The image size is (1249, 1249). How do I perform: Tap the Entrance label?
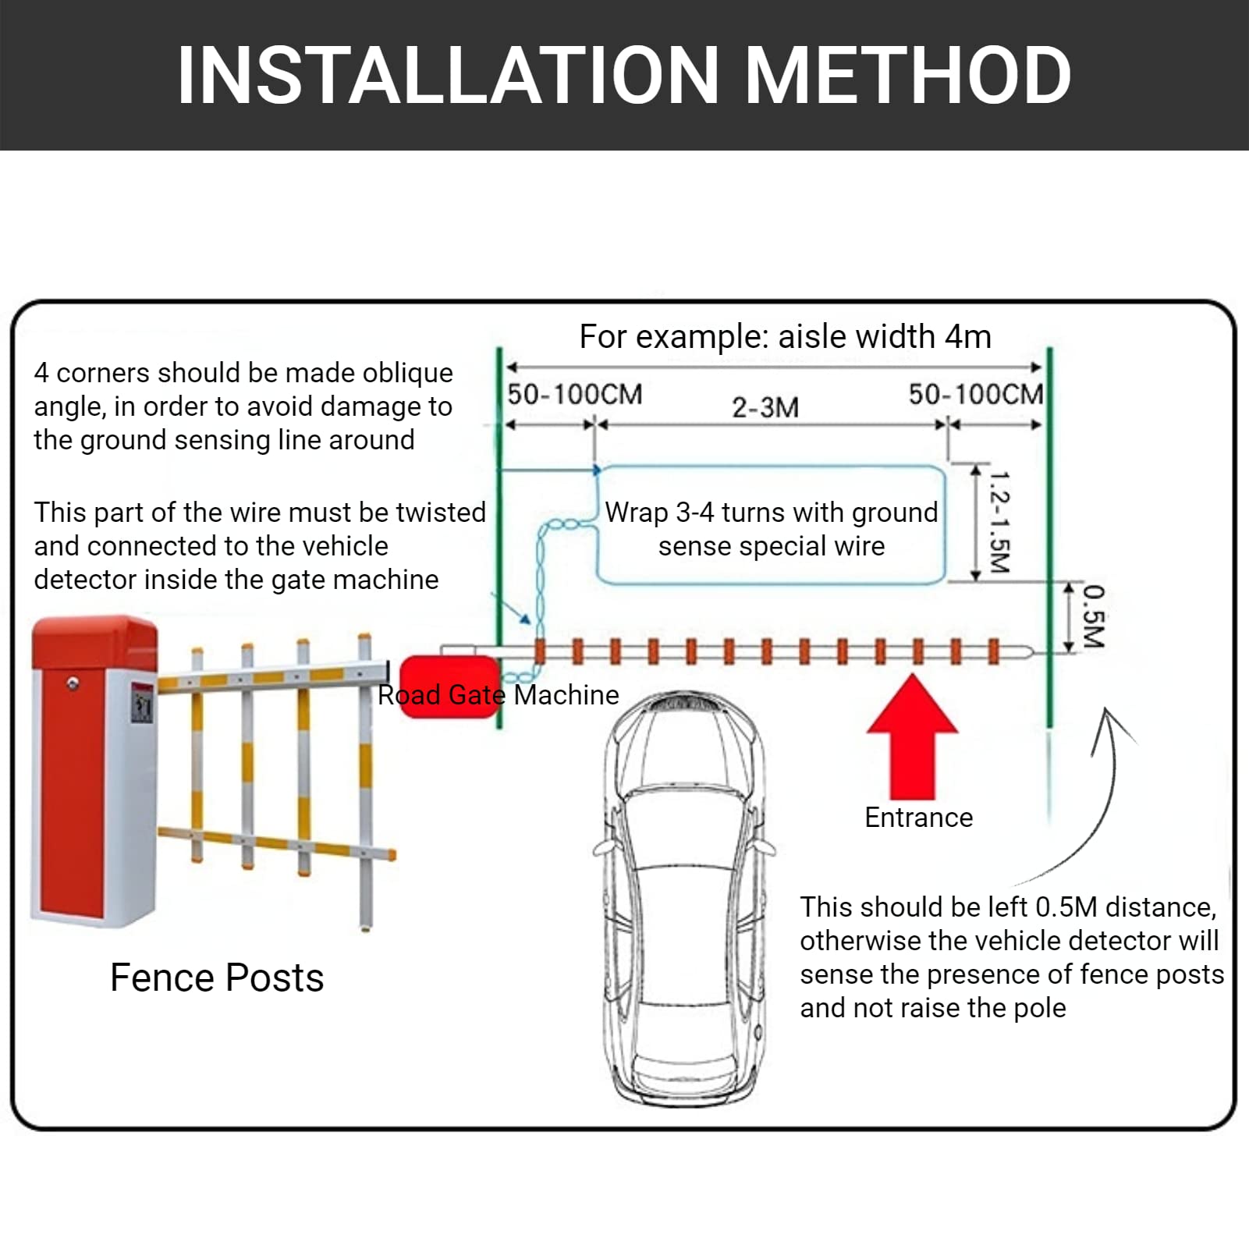click(918, 818)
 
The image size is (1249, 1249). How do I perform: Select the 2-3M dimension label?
click(765, 407)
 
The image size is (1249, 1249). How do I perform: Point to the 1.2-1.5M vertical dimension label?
click(999, 521)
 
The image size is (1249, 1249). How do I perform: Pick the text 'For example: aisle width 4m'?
click(785, 337)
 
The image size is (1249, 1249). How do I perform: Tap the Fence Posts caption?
click(217, 978)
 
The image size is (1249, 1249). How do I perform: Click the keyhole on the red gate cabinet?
click(73, 684)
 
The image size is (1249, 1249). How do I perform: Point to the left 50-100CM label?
click(574, 395)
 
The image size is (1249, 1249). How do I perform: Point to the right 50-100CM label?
click(975, 395)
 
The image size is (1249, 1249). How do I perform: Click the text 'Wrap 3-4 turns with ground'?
click(771, 513)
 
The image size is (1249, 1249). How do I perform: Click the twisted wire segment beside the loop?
click(539, 577)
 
